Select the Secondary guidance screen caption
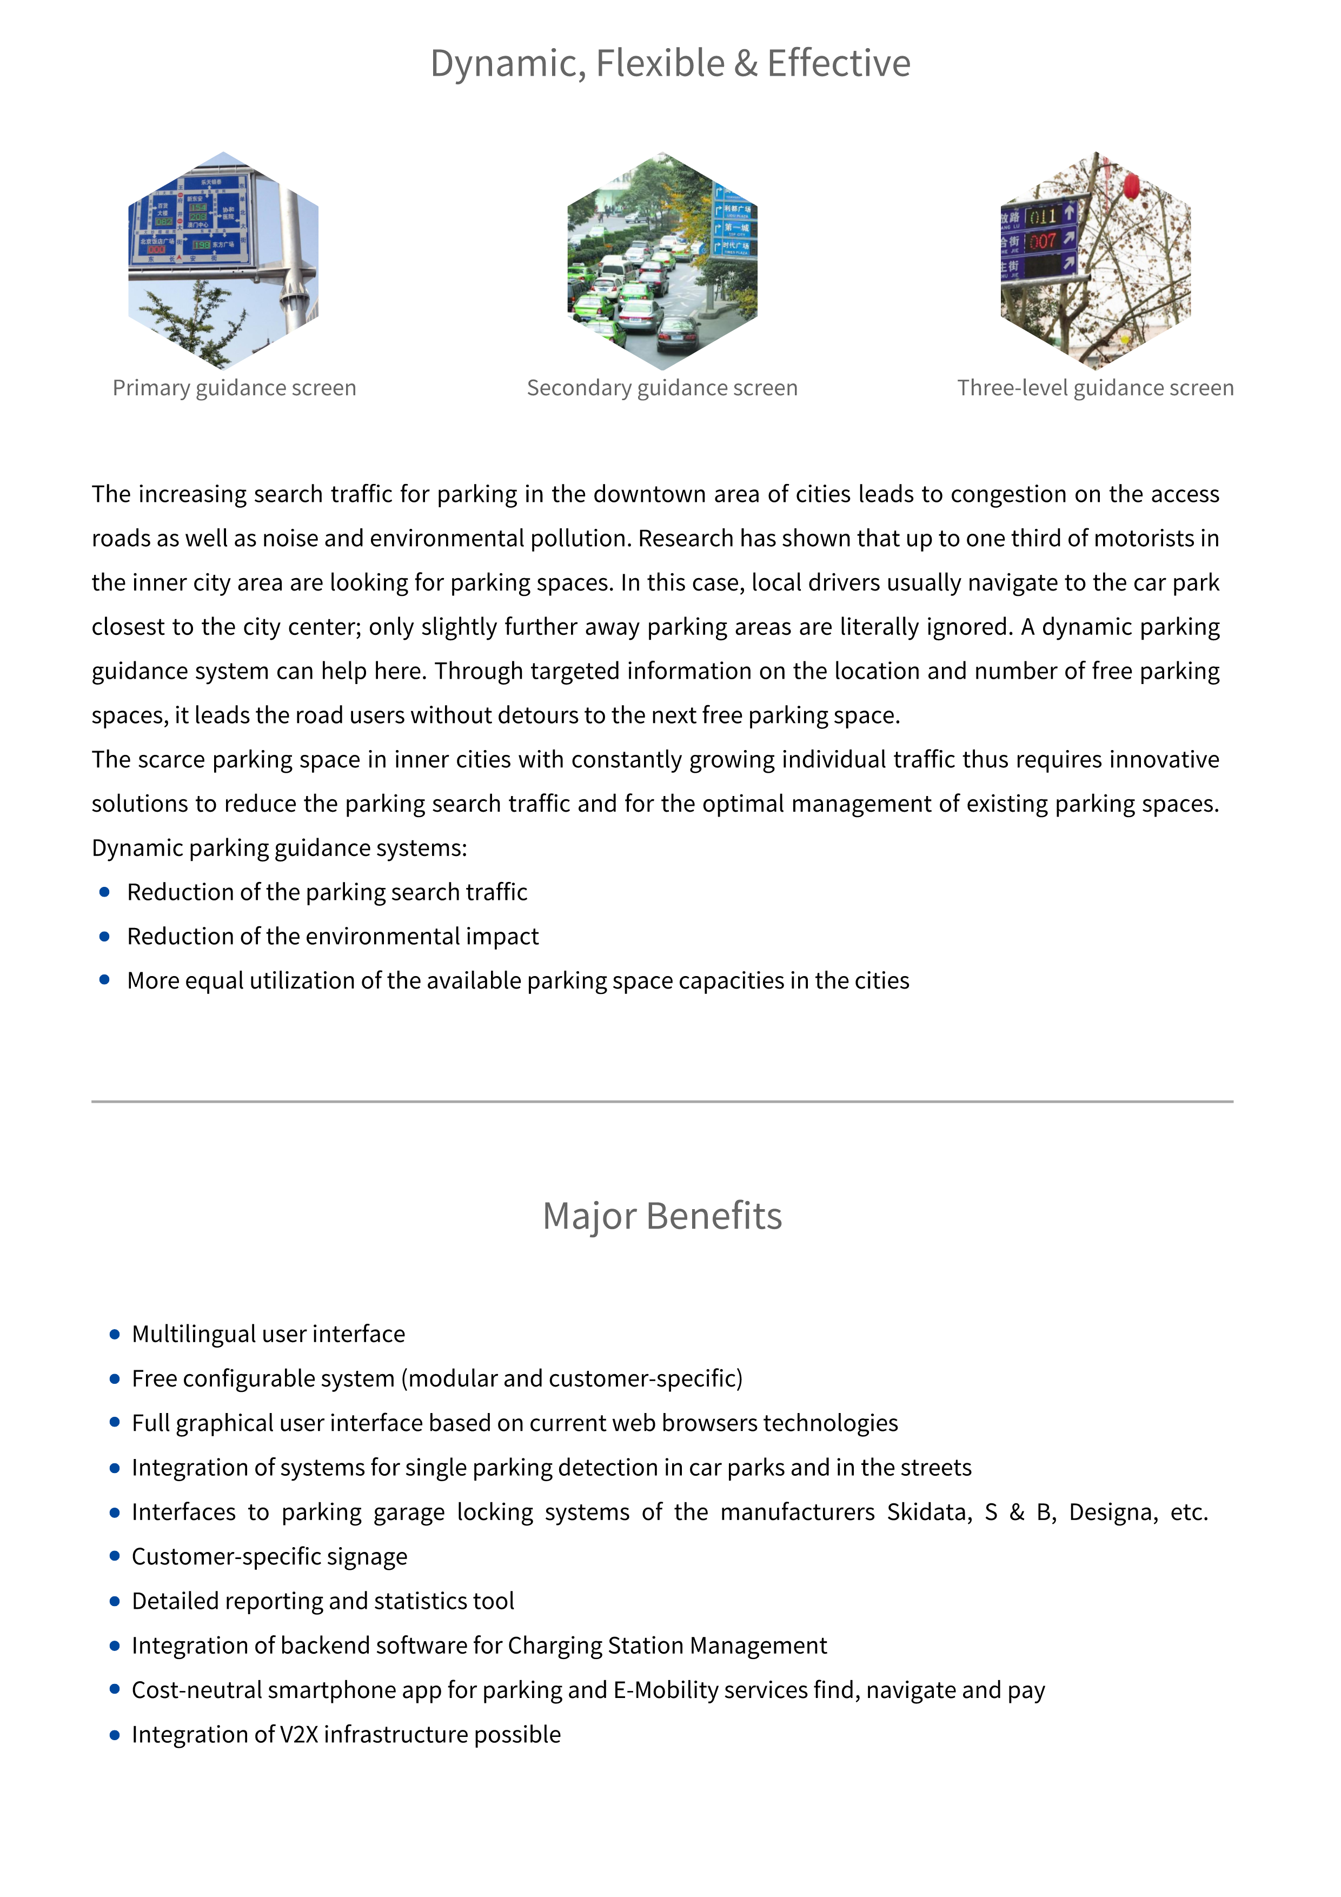click(662, 388)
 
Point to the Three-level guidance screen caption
click(1095, 388)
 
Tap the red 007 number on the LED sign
click(1043, 241)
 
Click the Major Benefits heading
click(662, 1216)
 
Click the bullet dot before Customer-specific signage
click(115, 1557)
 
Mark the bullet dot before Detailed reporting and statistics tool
click(115, 1601)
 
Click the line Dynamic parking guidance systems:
click(279, 848)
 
